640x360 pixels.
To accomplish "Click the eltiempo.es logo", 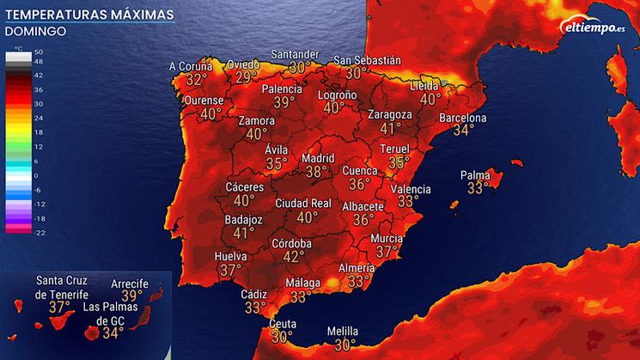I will pyautogui.click(x=593, y=28).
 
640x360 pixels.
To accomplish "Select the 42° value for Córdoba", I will pyautogui.click(x=294, y=256).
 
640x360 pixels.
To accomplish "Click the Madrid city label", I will pyautogui.click(x=317, y=159).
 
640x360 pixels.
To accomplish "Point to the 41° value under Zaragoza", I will pyautogui.click(x=391, y=128).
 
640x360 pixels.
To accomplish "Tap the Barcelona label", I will pyautogui.click(x=463, y=118).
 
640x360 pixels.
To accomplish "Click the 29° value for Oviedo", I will pyautogui.click(x=247, y=77).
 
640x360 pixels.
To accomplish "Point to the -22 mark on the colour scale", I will pyautogui.click(x=38, y=232).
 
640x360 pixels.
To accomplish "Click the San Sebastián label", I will pyautogui.click(x=368, y=60).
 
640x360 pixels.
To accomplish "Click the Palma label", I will pyautogui.click(x=474, y=174).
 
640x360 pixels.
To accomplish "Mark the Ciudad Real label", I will pyautogui.click(x=303, y=203).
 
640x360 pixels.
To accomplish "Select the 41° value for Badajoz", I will pyautogui.click(x=244, y=232).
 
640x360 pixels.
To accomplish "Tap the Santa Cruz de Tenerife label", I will pyautogui.click(x=62, y=287).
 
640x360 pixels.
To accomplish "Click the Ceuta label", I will pyautogui.click(x=283, y=324).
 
